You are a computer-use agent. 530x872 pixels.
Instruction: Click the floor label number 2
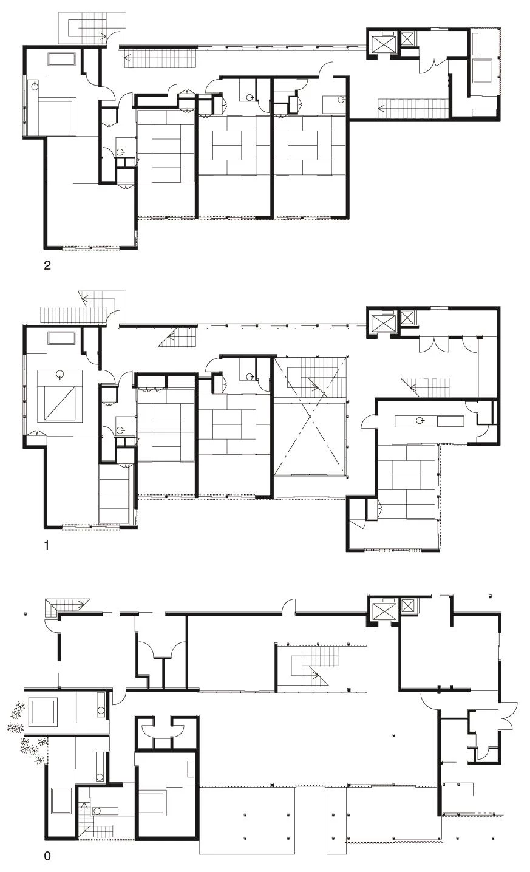click(x=47, y=265)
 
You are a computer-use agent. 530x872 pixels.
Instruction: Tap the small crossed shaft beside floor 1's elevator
click(x=407, y=318)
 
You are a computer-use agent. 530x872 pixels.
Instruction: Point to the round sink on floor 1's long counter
click(x=420, y=420)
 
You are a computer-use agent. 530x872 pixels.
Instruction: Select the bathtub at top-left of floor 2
click(x=61, y=59)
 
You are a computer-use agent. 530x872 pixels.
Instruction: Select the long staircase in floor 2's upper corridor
click(x=161, y=58)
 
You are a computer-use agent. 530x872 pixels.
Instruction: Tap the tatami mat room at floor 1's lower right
click(x=407, y=482)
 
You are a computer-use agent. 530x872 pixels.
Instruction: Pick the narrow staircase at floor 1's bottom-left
click(x=114, y=494)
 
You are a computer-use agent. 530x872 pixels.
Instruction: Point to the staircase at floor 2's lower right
click(x=413, y=108)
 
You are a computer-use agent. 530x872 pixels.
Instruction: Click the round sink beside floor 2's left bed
click(x=35, y=86)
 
